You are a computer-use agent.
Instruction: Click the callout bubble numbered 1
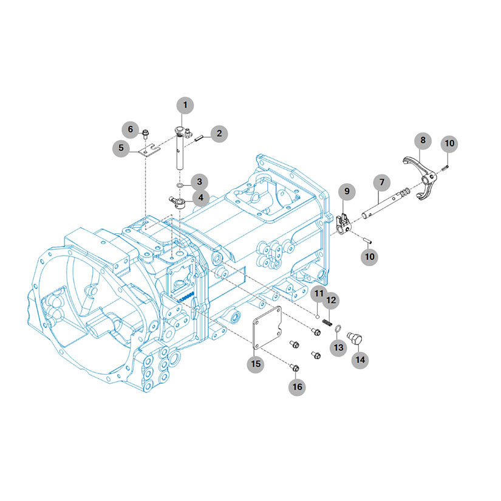(185, 105)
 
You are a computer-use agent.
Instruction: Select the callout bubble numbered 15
(256, 364)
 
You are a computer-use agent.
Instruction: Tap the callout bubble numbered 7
(382, 182)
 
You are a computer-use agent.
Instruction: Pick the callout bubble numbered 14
(360, 360)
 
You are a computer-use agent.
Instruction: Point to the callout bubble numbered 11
(319, 293)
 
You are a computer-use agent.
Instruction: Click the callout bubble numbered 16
(297, 387)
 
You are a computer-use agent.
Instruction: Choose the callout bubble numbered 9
(347, 192)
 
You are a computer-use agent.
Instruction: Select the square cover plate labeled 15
(267, 327)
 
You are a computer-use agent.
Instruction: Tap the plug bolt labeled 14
(354, 338)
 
